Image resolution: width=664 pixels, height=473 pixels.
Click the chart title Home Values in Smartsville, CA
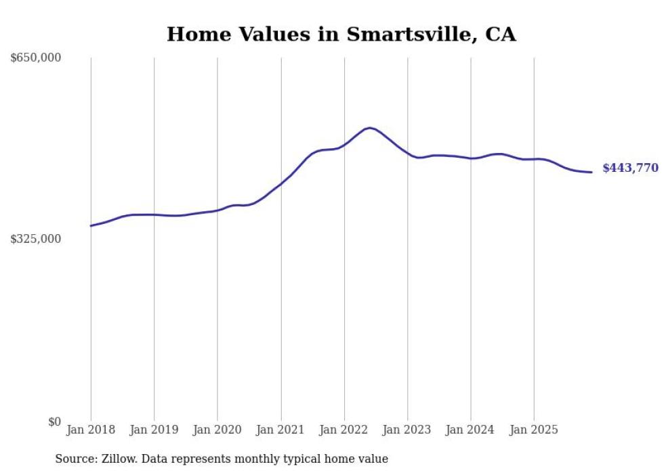click(x=341, y=34)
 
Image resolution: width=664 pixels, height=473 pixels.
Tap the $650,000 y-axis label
click(x=36, y=58)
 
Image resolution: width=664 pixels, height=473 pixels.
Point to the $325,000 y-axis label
click(x=36, y=239)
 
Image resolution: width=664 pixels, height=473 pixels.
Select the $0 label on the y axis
click(x=54, y=422)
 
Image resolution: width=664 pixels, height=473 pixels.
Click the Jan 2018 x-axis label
click(x=91, y=430)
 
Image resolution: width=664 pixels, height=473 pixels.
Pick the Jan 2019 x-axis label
click(x=154, y=430)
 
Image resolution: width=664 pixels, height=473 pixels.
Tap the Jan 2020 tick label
click(x=217, y=430)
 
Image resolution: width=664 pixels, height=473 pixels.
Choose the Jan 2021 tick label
click(x=281, y=430)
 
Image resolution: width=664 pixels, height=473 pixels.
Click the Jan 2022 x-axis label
click(x=344, y=430)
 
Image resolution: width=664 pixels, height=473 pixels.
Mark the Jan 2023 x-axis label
click(x=407, y=430)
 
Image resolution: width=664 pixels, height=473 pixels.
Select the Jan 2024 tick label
click(x=471, y=430)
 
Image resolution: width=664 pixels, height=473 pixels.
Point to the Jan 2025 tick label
click(x=534, y=430)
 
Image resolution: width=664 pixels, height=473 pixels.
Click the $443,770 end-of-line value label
click(x=630, y=168)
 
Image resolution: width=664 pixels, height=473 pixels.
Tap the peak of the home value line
click(x=369, y=127)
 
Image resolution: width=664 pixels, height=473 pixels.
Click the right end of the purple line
click(x=592, y=172)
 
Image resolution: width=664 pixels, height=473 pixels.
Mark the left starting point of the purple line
click(x=91, y=226)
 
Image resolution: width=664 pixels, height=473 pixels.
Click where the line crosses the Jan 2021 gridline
click(x=281, y=183)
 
